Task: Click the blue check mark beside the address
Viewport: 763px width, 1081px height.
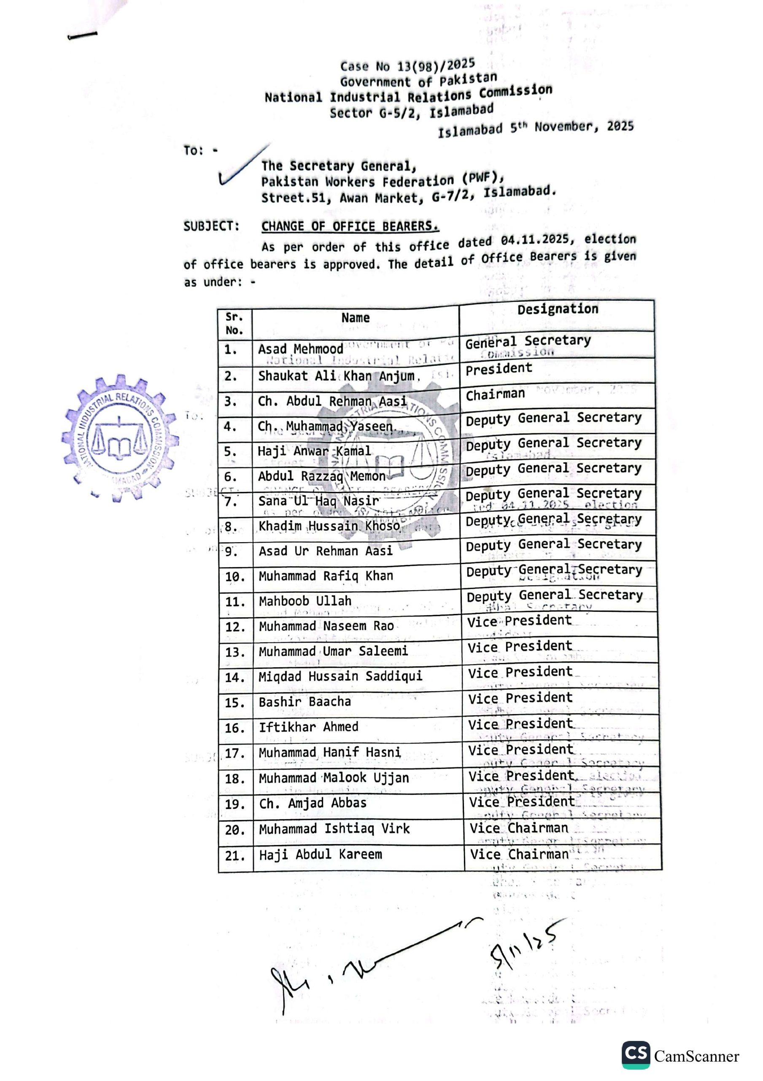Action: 242,166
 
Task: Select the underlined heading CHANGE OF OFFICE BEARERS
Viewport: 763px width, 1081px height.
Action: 350,226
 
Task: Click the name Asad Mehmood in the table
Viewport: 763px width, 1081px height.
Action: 301,349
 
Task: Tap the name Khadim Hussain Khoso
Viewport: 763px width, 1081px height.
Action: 329,525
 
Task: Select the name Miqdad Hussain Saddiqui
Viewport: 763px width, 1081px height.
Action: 340,676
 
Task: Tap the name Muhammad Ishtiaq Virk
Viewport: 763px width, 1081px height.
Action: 334,828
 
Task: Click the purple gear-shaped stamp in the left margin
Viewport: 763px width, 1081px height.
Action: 119,437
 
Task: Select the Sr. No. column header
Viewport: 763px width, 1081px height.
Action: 234,323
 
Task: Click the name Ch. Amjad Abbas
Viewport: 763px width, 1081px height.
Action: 313,803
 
